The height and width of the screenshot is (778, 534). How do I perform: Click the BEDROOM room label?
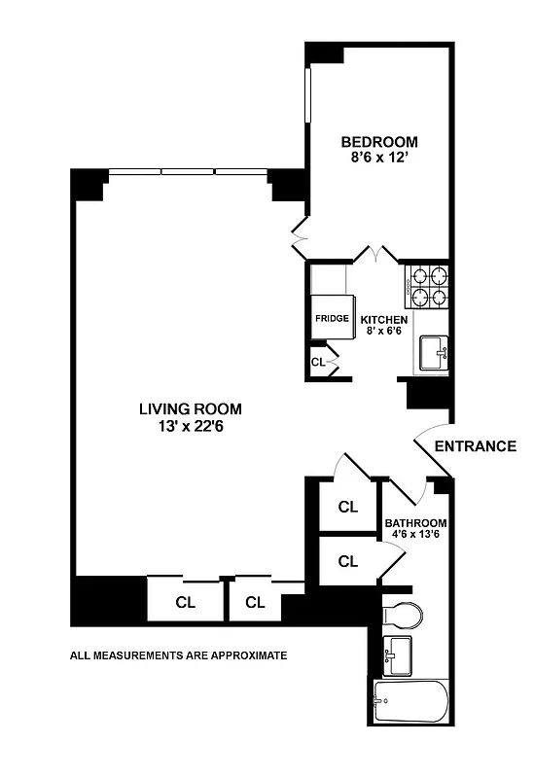coord(378,142)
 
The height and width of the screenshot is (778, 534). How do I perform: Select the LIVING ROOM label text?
coord(190,408)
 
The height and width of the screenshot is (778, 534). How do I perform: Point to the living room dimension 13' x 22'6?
coord(190,426)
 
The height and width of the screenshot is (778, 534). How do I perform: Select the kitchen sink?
coord(433,353)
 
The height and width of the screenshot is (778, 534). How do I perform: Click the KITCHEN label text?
coord(383,319)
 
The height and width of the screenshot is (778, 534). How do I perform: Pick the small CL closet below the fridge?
coord(318,362)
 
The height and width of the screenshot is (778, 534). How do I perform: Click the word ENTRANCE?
coord(475,446)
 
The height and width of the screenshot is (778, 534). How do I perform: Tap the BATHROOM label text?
coord(415,521)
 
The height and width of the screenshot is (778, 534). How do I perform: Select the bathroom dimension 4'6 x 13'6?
coord(415,534)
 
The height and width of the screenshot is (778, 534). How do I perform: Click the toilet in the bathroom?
coord(404,614)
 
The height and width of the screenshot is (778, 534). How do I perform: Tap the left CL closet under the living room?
coord(185,602)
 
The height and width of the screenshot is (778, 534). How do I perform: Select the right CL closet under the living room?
coord(255,602)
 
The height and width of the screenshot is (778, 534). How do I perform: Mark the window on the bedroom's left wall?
coord(308,93)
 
